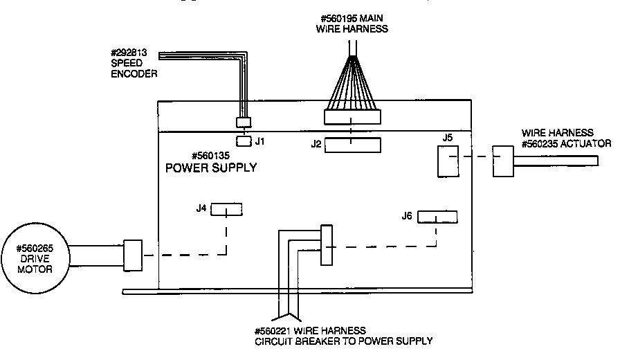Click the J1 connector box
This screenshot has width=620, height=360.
[243, 141]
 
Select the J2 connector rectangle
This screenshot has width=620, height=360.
[353, 145]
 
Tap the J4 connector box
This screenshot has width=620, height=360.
[226, 210]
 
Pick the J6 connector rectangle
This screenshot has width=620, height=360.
[437, 217]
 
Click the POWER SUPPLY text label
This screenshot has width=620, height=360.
[210, 168]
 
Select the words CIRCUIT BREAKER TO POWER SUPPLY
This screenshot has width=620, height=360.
[343, 341]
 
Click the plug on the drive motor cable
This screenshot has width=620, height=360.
[132, 255]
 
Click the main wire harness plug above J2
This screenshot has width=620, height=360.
[352, 116]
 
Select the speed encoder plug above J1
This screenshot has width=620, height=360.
[243, 123]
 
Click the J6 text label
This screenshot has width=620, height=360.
[407, 216]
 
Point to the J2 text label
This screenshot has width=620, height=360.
[316, 144]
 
